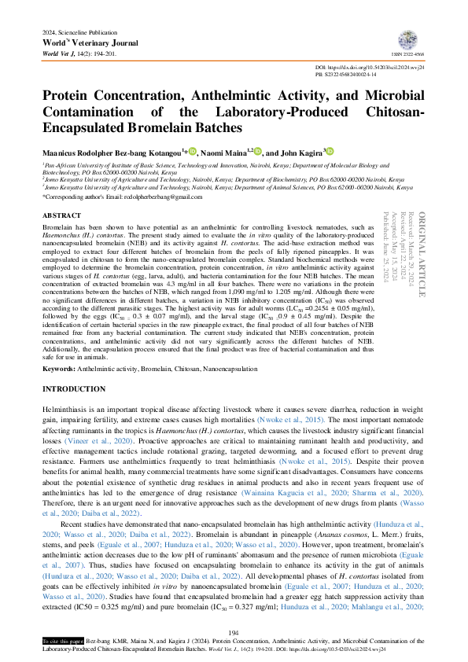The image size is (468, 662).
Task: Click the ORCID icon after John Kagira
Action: coord(330,151)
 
